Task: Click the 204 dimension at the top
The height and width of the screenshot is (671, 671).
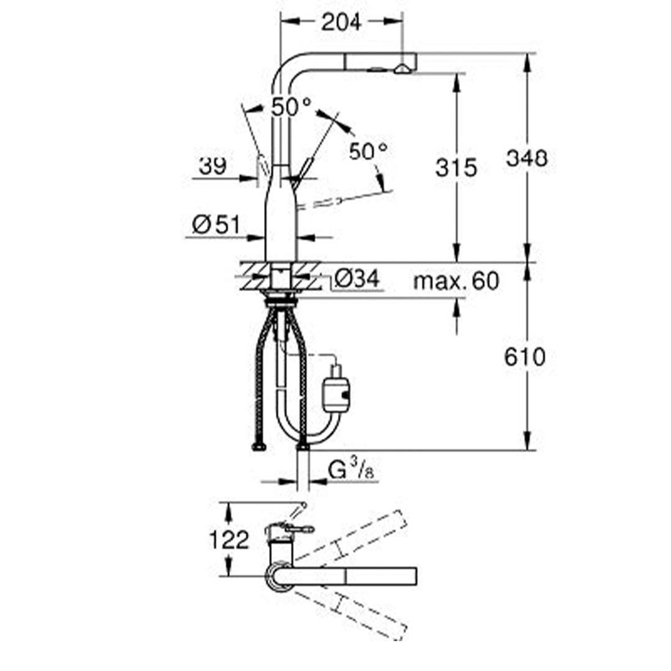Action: [x=340, y=22]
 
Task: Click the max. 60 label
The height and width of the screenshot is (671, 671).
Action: [x=456, y=281]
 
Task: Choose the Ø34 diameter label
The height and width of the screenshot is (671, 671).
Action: [x=356, y=280]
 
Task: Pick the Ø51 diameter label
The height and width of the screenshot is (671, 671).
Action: [x=216, y=224]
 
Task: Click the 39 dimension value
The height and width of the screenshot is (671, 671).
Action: [x=212, y=166]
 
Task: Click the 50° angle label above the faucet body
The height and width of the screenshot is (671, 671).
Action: [x=291, y=107]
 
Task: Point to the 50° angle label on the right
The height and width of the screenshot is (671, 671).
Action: [x=368, y=150]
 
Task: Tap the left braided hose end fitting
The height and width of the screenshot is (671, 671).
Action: [x=259, y=446]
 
